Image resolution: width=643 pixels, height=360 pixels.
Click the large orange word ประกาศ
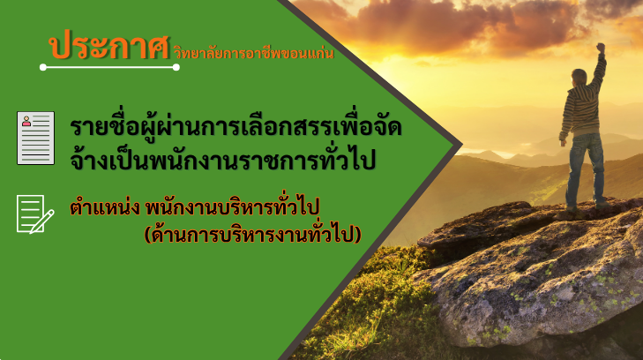109,46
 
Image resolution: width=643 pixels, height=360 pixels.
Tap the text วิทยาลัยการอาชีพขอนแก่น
254,52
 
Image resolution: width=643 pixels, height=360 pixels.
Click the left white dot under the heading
43,67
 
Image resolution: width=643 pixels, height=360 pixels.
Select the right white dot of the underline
176,67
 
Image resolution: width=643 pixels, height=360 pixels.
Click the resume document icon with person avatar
35,138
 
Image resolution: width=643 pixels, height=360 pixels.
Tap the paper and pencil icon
35,214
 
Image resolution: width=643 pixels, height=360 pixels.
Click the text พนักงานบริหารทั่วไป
232,207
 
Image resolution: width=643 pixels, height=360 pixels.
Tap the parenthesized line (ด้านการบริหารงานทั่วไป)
252,235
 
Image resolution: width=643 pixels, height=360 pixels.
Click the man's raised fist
601,48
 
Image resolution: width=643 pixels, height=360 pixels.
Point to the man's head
579,77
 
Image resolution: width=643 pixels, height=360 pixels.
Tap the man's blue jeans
586,169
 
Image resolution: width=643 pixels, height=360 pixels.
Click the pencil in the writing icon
41,221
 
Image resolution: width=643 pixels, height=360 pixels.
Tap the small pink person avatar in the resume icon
26,121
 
